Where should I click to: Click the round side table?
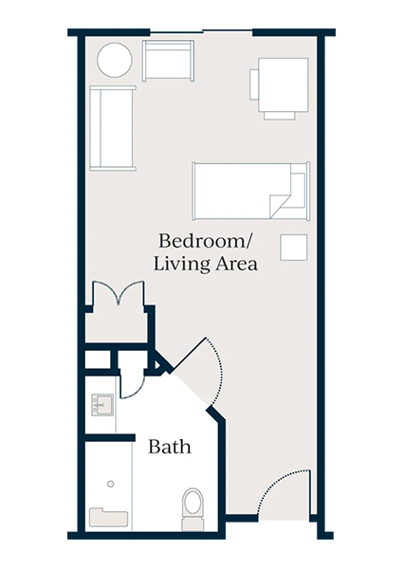114,62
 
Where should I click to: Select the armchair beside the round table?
168,61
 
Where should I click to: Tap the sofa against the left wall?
113,128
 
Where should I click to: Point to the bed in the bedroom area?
249,190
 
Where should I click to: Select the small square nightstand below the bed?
293,248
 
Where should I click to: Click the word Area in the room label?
236,265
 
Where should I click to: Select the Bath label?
169,446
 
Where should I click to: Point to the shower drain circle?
110,484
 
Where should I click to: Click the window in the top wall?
202,32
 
